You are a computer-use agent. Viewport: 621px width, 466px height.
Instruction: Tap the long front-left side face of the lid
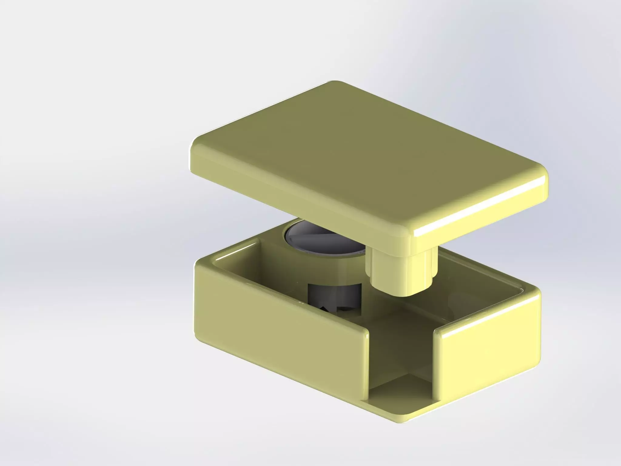click(x=297, y=194)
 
